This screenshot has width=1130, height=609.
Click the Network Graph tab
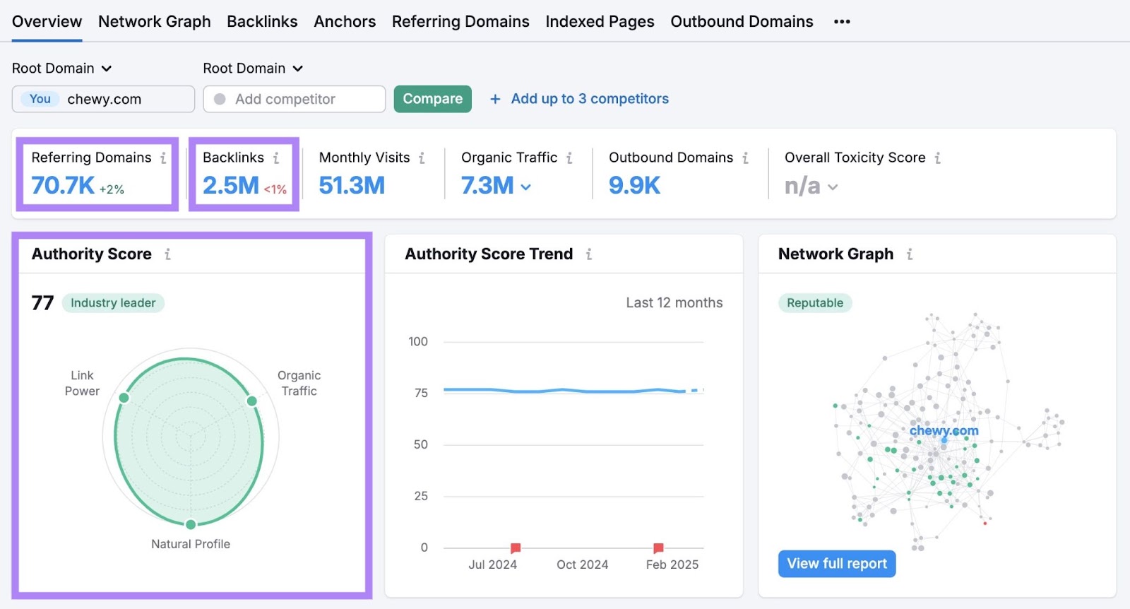pos(154,21)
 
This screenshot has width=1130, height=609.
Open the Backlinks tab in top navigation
pos(262,21)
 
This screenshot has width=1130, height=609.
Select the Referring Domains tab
pos(460,21)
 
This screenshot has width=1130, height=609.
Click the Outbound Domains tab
pos(742,21)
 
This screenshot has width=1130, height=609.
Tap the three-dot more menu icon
pos(841,22)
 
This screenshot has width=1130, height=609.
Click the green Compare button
pos(432,99)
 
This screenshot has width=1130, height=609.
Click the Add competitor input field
pos(294,99)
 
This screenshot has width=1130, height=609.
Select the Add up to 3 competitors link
pos(589,99)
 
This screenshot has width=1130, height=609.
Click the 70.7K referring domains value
pos(63,186)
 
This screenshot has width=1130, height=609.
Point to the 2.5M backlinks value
pos(231,186)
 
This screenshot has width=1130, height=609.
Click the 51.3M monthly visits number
pos(352,186)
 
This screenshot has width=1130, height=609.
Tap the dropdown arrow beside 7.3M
pos(526,187)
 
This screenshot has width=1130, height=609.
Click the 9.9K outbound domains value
pos(634,186)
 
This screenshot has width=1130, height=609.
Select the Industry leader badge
pos(113,303)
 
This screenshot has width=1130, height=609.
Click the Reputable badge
pos(815,303)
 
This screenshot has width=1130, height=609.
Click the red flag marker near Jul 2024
pos(516,548)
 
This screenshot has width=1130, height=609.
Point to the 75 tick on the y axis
pos(421,393)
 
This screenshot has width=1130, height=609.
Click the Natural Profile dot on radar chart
pos(191,524)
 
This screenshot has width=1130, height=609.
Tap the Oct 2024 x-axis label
pos(582,564)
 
